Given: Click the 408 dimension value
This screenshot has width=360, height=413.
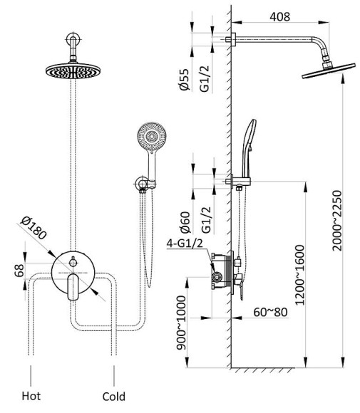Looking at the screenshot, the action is click(279, 17).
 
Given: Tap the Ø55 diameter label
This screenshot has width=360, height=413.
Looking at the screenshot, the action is click(185, 80).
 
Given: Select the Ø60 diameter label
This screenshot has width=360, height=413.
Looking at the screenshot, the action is click(185, 223).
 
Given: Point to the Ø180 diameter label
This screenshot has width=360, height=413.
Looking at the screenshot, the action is click(34, 228).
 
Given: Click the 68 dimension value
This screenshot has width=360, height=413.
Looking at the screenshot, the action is click(19, 271).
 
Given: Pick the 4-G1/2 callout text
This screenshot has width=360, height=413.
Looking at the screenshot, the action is click(185, 243).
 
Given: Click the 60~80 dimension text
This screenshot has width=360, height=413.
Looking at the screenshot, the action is click(270, 312).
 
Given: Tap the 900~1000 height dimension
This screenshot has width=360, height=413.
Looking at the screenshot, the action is click(181, 323).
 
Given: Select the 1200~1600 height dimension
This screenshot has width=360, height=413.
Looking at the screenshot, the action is click(299, 276).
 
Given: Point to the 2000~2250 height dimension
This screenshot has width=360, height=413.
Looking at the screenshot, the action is click(336, 221).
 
